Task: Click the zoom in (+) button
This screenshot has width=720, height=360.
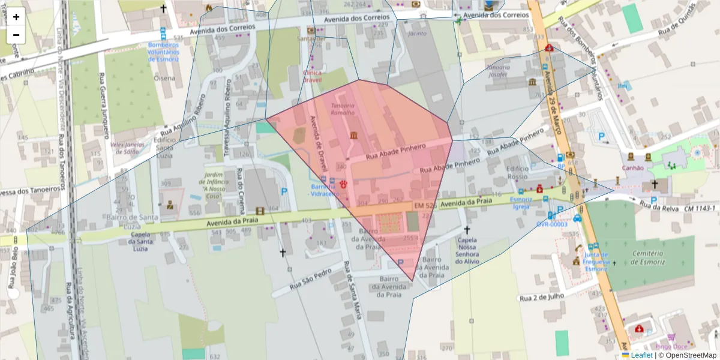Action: tap(16, 17)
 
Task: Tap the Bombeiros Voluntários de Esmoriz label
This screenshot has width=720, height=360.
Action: tap(163, 52)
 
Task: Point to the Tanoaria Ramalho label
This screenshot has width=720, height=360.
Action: tap(343, 109)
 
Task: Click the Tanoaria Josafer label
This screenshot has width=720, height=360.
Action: tap(498, 71)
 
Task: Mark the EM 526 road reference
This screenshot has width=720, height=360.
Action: tap(424, 206)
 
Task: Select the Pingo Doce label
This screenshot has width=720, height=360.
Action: tap(671, 346)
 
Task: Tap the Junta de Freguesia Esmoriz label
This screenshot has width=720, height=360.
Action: tap(596, 261)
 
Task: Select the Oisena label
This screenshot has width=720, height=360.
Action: tap(164, 77)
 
